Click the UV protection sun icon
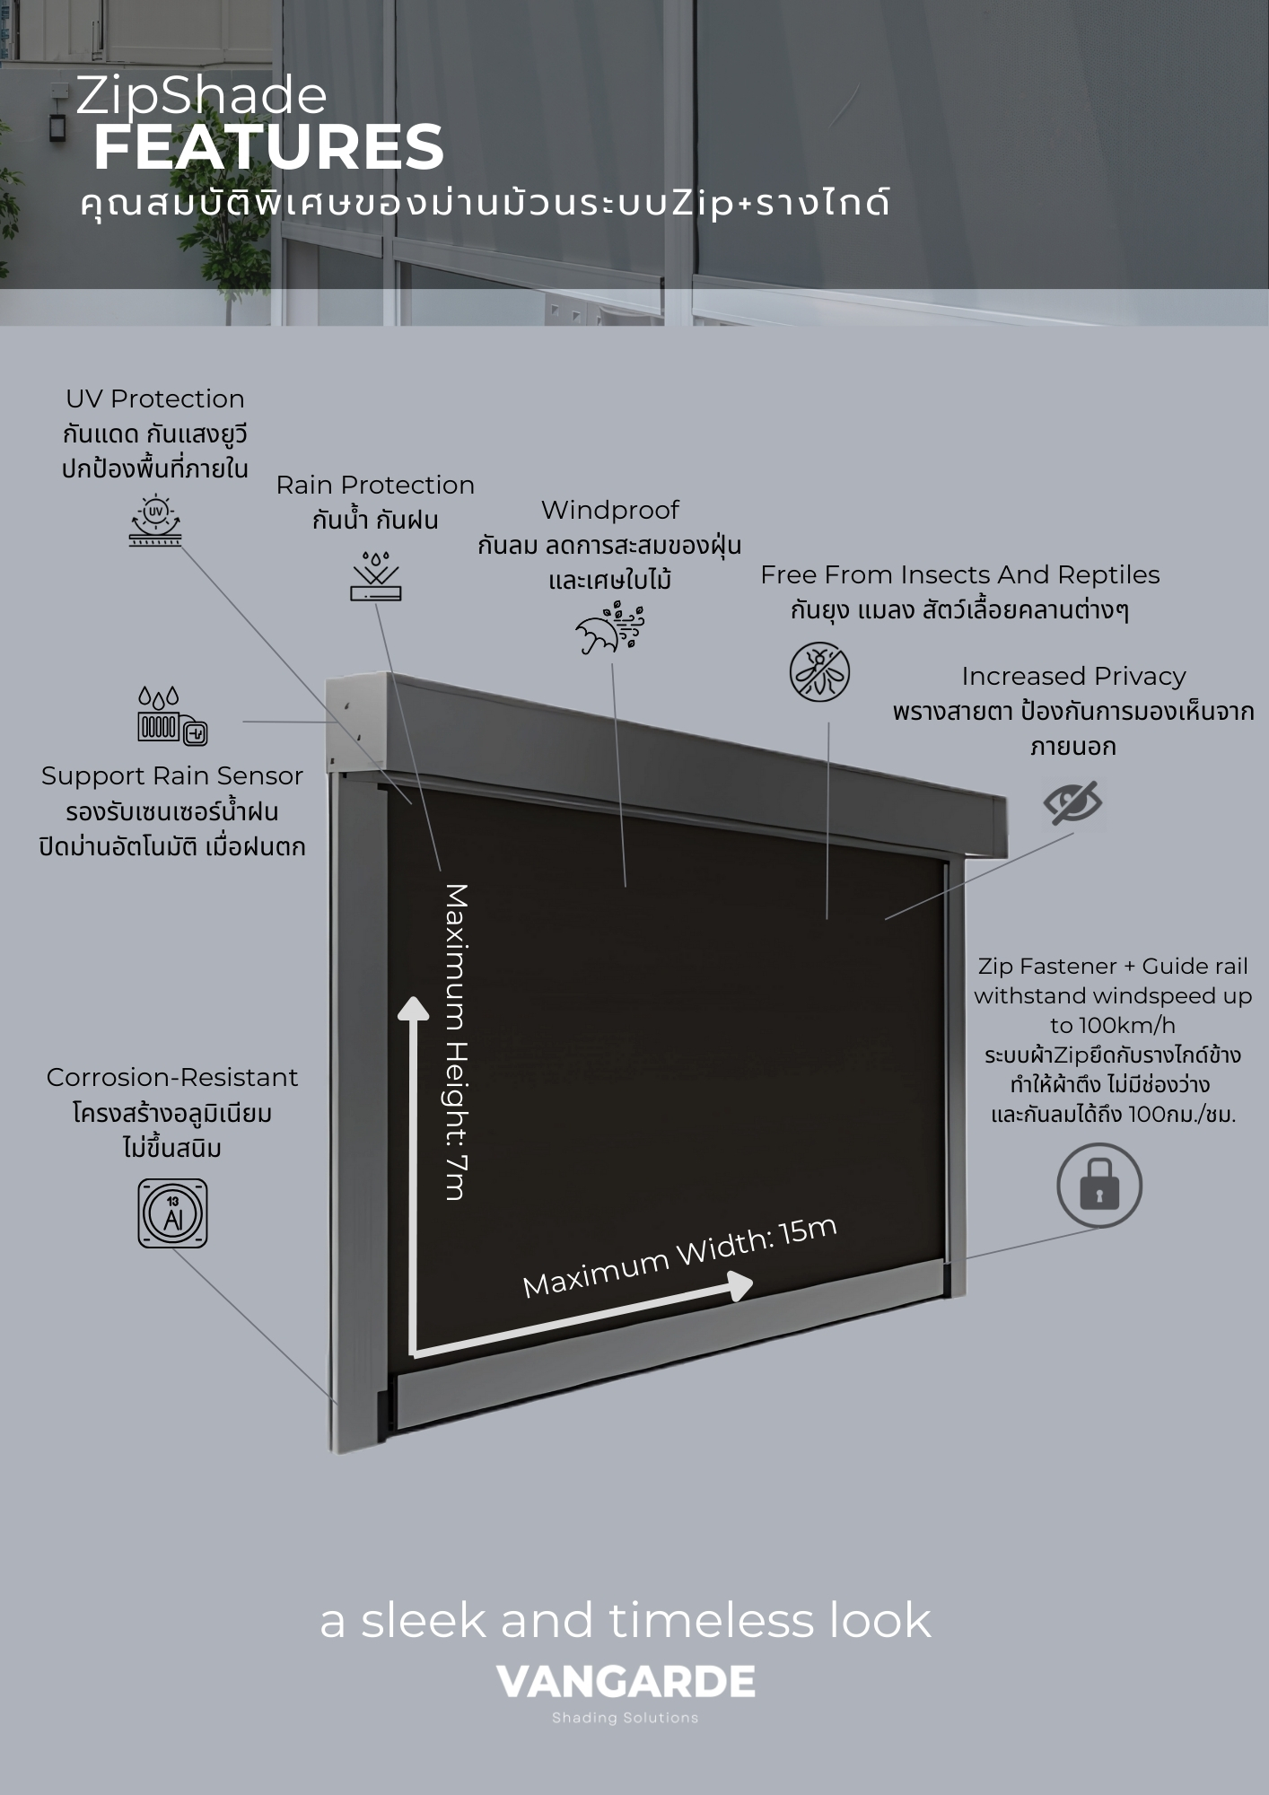pos(155,520)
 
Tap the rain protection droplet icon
pos(376,574)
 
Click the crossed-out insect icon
pos(819,672)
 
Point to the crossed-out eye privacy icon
pos(1073,801)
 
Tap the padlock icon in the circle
pos(1098,1186)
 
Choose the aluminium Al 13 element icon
pos(172,1213)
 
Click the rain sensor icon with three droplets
pos(171,715)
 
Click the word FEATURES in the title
pos(269,148)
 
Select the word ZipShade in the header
pos(202,97)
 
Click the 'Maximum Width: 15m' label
pos(679,1257)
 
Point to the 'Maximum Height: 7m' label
pos(457,1041)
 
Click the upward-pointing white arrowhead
pos(413,1010)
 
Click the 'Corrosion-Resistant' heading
pos(172,1077)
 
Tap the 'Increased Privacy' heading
pos(1073,676)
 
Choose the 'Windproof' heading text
pos(610,510)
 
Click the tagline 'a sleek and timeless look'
pos(626,1620)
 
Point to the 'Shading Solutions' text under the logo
pos(626,1718)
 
